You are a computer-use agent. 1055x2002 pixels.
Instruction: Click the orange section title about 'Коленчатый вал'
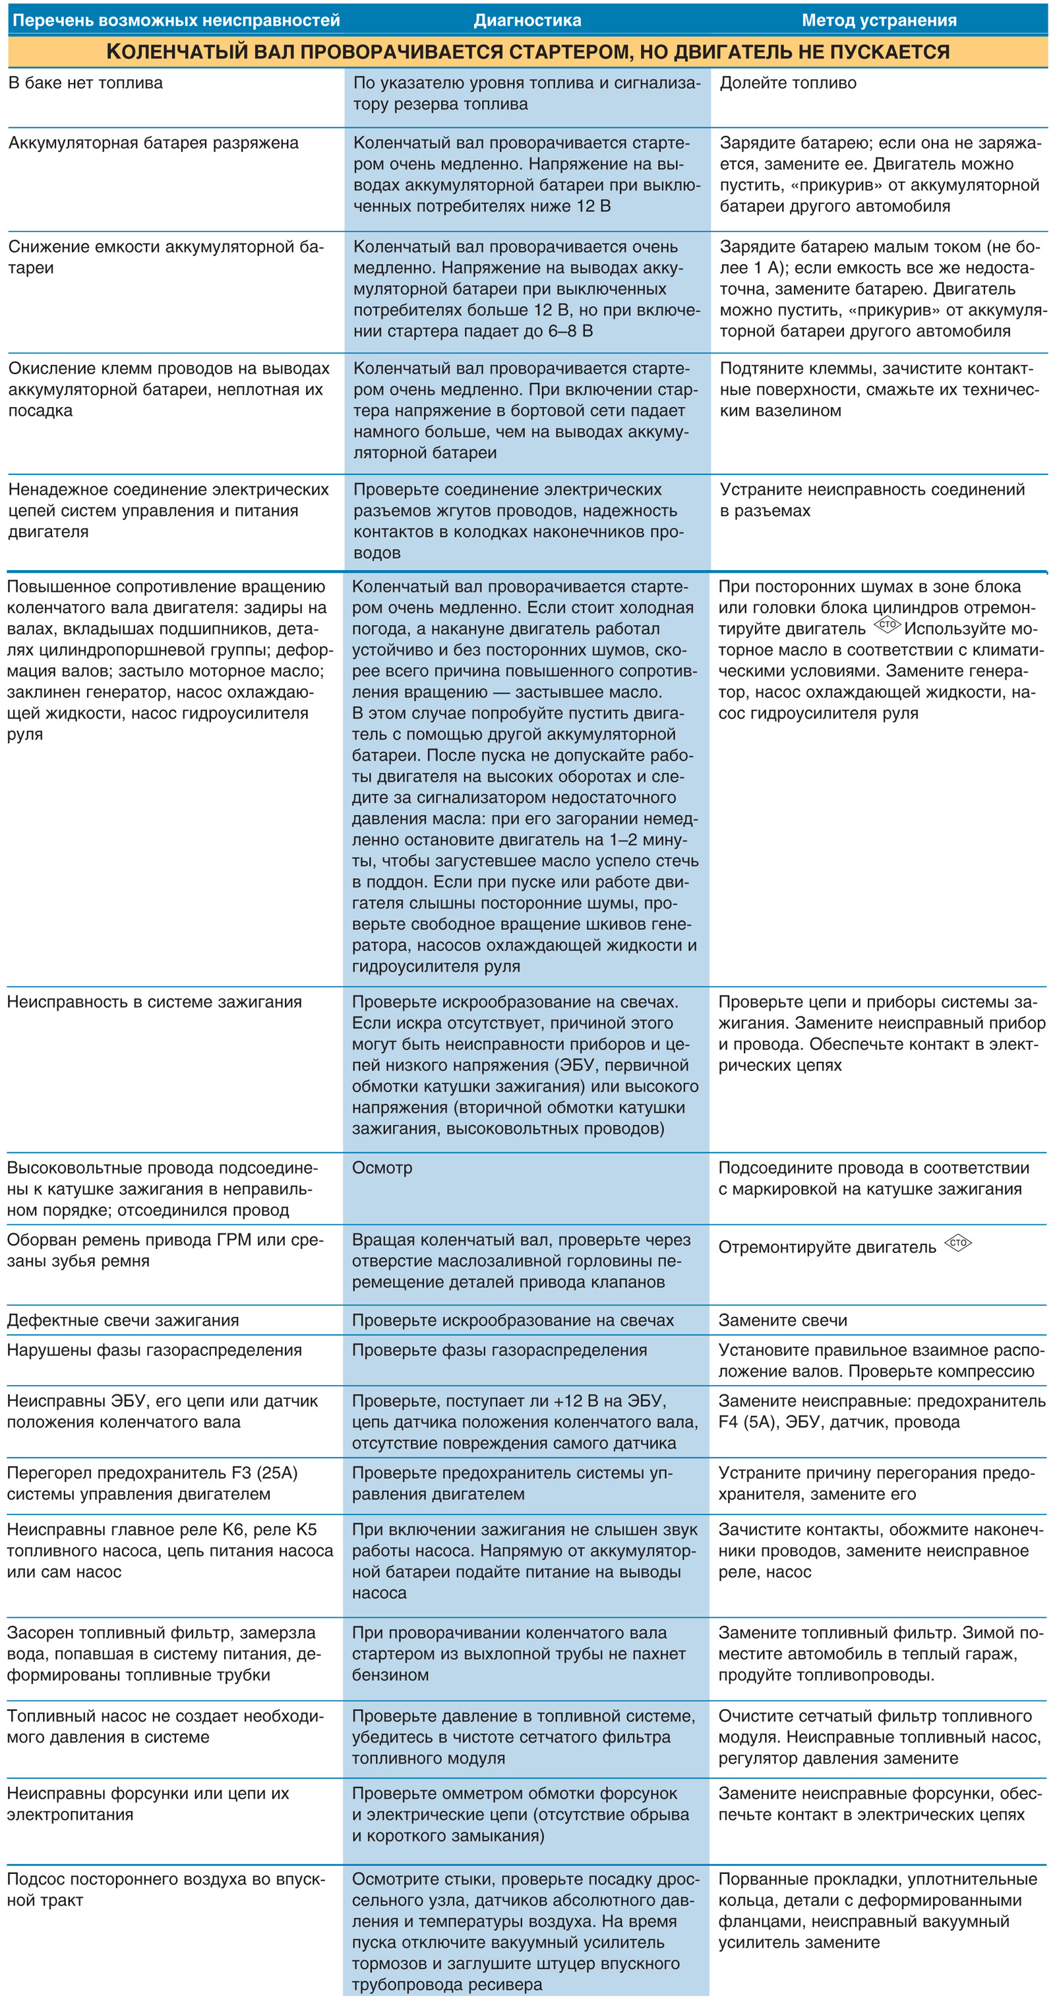pyautogui.click(x=527, y=52)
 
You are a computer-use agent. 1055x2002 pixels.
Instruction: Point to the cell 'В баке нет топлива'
pyautogui.click(x=86, y=83)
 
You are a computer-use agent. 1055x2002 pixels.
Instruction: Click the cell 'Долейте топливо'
pyautogui.click(x=788, y=83)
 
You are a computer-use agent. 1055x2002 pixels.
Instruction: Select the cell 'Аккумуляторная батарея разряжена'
pyautogui.click(x=153, y=143)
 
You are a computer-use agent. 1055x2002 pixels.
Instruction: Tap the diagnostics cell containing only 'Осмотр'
pyautogui.click(x=382, y=1167)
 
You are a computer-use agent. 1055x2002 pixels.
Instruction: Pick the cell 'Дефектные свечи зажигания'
pyautogui.click(x=123, y=1320)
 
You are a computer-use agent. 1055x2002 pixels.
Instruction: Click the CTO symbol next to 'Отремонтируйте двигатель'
pyautogui.click(x=958, y=1243)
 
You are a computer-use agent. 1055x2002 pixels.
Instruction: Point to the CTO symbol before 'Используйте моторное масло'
pyautogui.click(x=886, y=625)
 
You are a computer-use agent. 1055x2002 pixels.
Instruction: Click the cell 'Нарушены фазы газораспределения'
pyautogui.click(x=154, y=1350)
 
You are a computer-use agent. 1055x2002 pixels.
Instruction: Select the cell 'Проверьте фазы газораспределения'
pyautogui.click(x=498, y=1350)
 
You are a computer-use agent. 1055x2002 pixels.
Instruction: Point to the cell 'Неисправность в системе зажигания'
pyautogui.click(x=154, y=1002)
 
